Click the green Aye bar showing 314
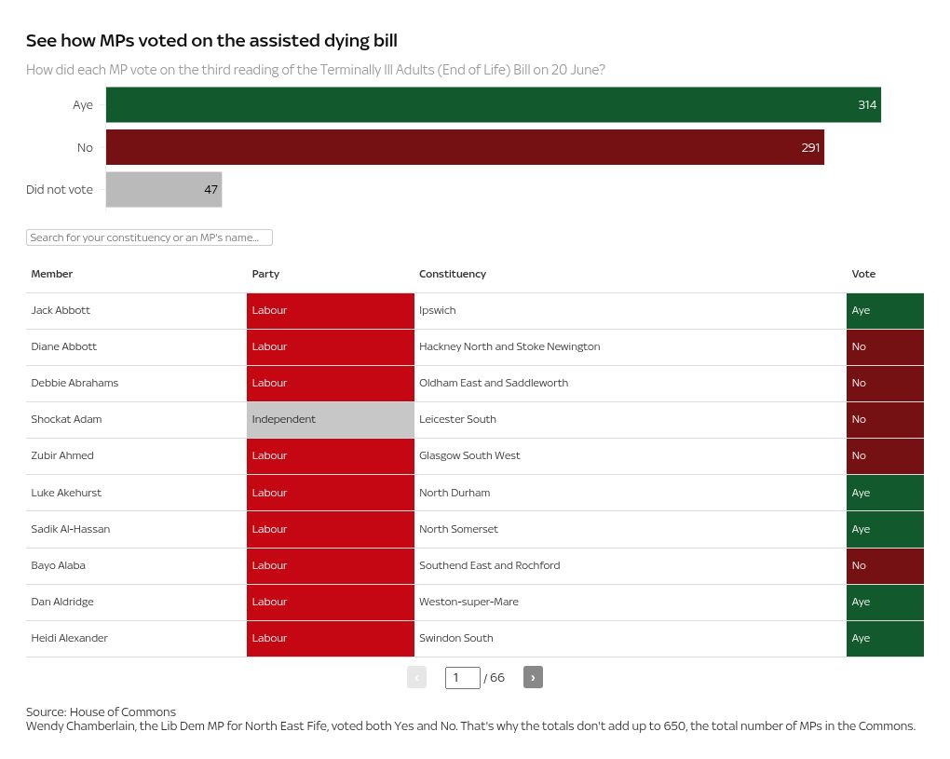pos(493,105)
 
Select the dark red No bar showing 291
pos(465,147)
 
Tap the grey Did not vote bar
pos(163,190)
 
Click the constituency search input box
pos(149,237)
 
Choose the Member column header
pos(52,274)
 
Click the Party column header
pos(265,274)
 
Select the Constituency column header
pos(453,274)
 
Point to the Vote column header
pos(863,274)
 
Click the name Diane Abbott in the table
pos(64,346)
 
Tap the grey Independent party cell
pos(330,419)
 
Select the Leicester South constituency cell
pos(457,419)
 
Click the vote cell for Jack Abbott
pos(884,310)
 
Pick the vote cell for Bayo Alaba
pos(884,565)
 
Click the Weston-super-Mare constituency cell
pos(468,602)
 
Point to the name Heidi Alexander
pos(70,638)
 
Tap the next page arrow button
pos(533,677)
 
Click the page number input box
pos(462,677)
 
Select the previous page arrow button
pos(416,677)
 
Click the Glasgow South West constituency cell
pos(469,455)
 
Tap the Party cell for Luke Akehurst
pos(330,493)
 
